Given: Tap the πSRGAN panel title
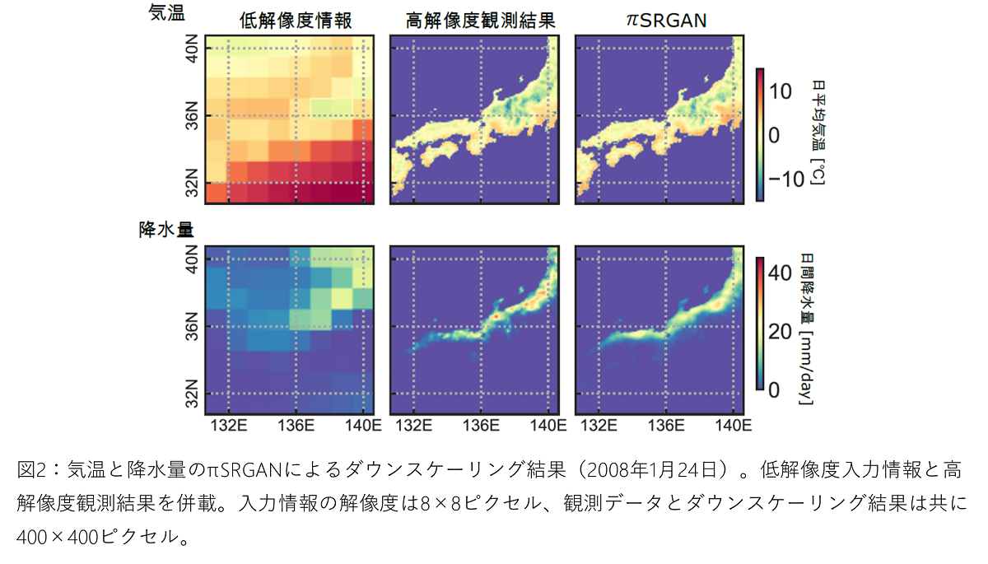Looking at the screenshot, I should [660, 21].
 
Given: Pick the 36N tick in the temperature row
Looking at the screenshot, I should [191, 116].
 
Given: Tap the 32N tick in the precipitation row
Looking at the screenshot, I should [191, 394].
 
